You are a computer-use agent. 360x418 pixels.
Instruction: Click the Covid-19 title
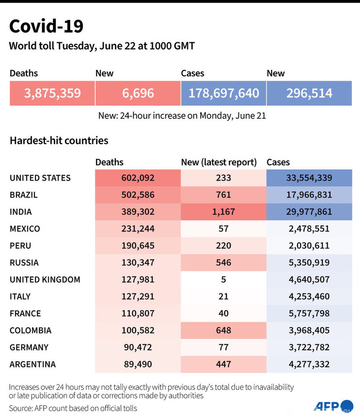(46, 27)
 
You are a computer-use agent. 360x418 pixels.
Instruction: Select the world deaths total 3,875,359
(52, 93)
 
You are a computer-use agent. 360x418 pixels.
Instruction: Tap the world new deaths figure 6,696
(138, 93)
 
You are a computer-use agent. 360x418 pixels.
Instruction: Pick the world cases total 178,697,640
(224, 93)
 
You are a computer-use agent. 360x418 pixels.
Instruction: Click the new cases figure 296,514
(309, 93)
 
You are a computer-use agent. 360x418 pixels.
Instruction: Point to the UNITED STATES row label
(40, 178)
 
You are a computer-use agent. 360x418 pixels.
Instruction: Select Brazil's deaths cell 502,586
(138, 195)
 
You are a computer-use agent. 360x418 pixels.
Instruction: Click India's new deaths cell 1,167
(224, 212)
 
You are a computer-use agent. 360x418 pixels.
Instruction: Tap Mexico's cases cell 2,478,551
(309, 229)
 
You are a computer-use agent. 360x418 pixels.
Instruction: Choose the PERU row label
(20, 245)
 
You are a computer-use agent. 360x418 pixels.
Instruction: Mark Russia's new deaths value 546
(224, 262)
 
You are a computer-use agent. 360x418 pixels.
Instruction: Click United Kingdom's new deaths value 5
(224, 279)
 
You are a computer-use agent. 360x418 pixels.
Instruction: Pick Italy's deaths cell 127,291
(138, 296)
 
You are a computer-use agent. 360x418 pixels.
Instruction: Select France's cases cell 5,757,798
(309, 313)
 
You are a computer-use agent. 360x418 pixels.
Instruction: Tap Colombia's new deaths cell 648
(224, 330)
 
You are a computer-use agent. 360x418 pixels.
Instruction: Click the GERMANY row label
(29, 347)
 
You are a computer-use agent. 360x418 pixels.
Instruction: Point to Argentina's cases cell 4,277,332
(309, 364)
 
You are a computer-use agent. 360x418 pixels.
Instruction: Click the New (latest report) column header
(219, 162)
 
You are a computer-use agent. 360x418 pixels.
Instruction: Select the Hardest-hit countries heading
(59, 141)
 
